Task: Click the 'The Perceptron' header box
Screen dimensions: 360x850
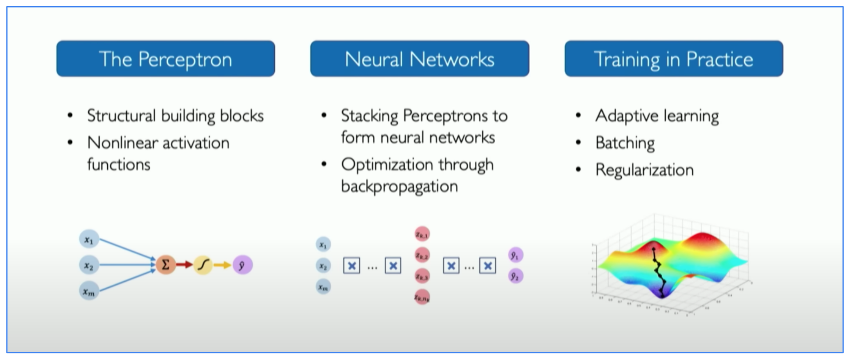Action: (x=166, y=59)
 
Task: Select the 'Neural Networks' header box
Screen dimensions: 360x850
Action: (x=419, y=59)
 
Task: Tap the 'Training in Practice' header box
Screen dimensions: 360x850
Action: (x=673, y=59)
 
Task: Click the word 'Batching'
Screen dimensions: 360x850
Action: (x=625, y=143)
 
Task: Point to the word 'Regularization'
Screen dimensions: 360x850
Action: (x=644, y=170)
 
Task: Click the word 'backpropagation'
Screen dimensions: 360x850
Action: (x=399, y=187)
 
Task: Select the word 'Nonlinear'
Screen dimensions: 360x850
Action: (x=121, y=143)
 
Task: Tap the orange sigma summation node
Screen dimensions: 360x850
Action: (x=166, y=265)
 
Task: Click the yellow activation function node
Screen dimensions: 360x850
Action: (x=203, y=265)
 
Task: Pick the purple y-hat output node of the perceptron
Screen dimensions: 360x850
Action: (x=242, y=265)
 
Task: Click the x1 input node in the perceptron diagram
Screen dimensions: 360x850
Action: (x=89, y=240)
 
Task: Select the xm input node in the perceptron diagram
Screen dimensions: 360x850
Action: (x=89, y=291)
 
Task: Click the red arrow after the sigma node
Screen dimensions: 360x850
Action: (x=184, y=265)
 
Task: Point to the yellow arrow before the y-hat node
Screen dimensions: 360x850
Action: (x=222, y=265)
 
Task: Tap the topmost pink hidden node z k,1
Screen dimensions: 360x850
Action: (x=422, y=235)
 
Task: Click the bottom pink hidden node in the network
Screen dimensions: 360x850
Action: (x=422, y=297)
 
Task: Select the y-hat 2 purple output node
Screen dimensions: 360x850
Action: (x=515, y=276)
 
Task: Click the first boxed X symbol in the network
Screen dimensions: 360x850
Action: (x=351, y=265)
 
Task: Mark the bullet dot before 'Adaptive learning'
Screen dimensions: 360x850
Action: (x=578, y=116)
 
